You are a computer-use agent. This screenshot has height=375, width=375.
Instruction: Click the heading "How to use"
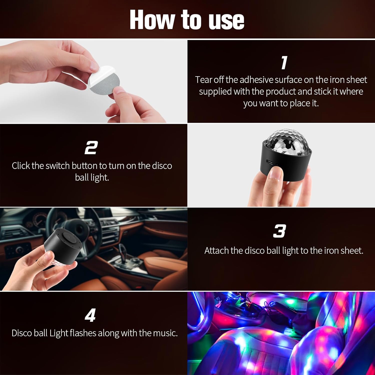coord(187,20)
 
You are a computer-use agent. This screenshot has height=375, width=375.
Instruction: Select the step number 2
coord(91,148)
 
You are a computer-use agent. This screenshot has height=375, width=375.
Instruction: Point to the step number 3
coord(279,231)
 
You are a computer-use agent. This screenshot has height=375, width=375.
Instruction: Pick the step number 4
coord(90,315)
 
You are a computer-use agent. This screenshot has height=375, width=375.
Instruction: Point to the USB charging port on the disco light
coord(269,162)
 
